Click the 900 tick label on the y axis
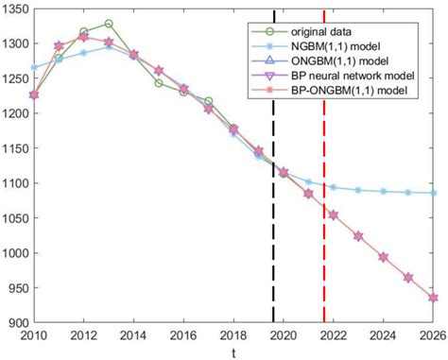(22, 322)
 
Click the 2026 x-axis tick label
(432, 334)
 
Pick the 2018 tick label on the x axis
(233, 334)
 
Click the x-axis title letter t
(233, 351)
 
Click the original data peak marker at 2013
(109, 24)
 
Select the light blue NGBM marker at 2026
(433, 193)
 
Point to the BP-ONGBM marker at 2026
(433, 298)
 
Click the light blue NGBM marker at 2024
(383, 191)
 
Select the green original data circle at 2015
(158, 82)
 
